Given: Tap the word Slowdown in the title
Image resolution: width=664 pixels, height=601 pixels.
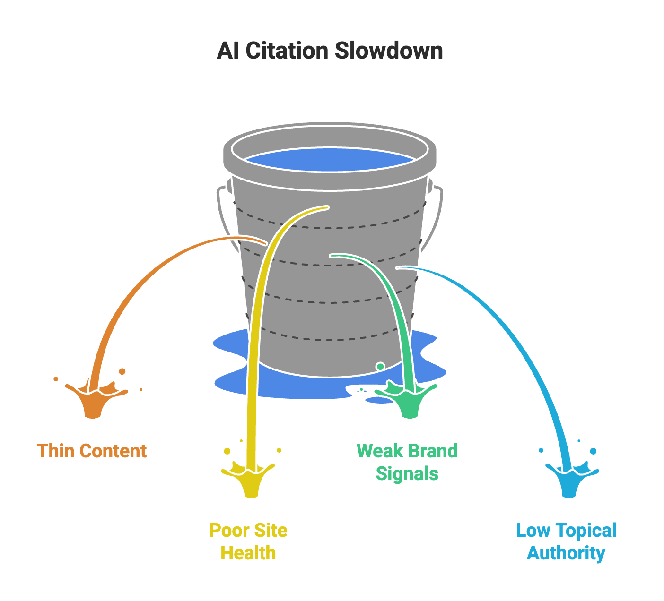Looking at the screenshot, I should (389, 51).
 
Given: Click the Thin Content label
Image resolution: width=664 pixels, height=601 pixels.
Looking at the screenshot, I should (92, 451).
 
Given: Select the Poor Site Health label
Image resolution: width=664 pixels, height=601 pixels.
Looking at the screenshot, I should (248, 541).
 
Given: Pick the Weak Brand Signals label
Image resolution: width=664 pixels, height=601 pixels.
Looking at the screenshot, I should (407, 462).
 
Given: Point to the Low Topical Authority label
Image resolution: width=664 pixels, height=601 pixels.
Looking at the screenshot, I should (566, 541).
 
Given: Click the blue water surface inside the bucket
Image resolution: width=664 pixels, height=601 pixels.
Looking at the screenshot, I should (330, 160).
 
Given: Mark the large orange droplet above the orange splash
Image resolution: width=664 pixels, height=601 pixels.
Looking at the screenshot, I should (122, 371).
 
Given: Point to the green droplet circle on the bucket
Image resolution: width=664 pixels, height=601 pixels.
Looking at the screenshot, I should (380, 366).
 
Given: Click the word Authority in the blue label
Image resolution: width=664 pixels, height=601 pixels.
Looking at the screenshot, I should (566, 553).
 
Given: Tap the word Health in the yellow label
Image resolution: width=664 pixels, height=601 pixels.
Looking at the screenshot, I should (248, 553).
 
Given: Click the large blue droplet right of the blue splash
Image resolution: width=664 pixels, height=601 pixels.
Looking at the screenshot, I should (593, 451).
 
